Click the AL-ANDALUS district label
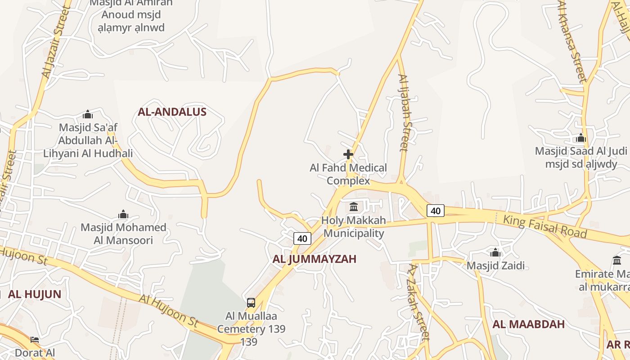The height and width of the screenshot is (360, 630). coord(172,112)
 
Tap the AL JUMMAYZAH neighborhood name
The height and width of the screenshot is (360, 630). coord(314,259)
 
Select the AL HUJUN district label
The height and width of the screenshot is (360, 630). coord(35,294)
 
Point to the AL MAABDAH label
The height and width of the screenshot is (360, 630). coord(528,324)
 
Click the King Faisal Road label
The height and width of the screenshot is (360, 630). coord(545,226)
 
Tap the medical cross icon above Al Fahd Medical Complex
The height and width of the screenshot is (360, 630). coord(348,154)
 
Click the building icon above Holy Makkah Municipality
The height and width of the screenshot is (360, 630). coord(354,207)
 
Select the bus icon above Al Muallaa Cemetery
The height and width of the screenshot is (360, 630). coord(251,303)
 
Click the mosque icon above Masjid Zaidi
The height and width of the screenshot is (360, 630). coord(495,252)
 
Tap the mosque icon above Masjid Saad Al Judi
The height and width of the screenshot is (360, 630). coord(580,138)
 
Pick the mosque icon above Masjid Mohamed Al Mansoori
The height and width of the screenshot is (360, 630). coord(123,214)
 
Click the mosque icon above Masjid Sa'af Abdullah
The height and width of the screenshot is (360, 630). coord(88,114)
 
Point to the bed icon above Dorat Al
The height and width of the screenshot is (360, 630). coord(35,339)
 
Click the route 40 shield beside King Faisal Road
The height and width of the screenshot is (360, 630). coord(435,211)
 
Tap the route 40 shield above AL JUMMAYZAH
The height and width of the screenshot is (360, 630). coord(302,238)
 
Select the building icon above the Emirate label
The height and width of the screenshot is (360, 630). coord(616,260)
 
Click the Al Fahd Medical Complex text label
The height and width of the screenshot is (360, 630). coord(348,174)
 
